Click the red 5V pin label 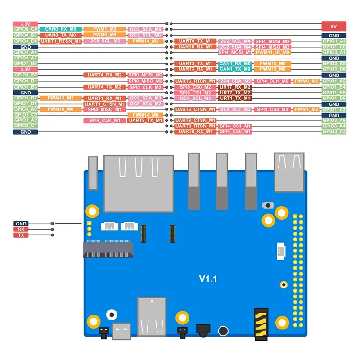[334, 26]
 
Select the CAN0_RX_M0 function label [61, 29]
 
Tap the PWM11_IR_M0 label [273, 52]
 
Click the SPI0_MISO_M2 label [145, 81]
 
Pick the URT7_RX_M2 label [234, 87]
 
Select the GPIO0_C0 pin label [26, 29]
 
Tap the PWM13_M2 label [61, 98]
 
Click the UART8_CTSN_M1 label [195, 121]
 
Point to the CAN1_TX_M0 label [234, 69]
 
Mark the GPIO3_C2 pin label [26, 115]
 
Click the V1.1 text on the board [208, 279]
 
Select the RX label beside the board [21, 229]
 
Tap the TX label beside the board [21, 235]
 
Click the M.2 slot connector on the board [108, 249]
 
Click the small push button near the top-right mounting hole [269, 205]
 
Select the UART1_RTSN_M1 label [61, 41]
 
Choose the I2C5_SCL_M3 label [195, 98]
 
